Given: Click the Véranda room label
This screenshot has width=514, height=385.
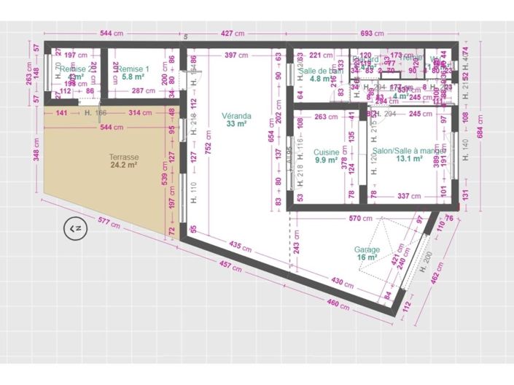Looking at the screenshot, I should coord(237,116).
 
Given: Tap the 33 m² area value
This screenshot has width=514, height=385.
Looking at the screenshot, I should coord(237,124).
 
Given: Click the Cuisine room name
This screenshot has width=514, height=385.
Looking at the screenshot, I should coord(326,152).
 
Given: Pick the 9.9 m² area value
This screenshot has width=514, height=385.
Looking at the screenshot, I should coord(326,160).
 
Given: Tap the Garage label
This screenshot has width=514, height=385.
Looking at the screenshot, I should coord(367,249).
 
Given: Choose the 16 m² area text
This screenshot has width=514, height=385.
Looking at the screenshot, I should coord(367,257).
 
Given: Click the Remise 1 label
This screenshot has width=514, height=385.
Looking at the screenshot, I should coord(135,69).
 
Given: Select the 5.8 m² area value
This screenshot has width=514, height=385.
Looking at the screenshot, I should coord(133,77).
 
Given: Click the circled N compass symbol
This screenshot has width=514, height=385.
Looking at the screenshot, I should coord(74,229).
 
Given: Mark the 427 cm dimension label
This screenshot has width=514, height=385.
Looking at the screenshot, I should coord(231,34).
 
